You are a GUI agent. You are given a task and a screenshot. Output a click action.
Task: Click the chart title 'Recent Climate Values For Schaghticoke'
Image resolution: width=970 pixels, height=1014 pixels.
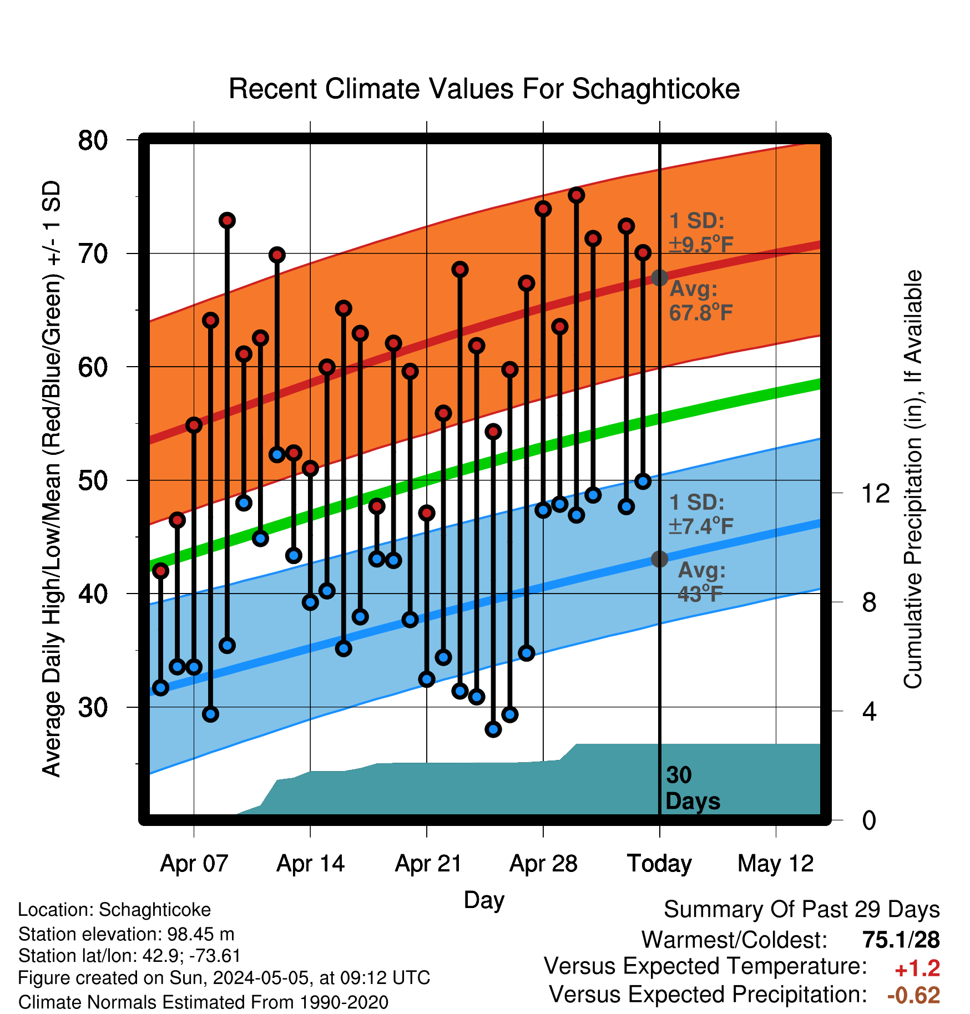point(484,89)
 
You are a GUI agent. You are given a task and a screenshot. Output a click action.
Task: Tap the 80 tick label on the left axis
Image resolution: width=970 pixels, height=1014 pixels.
point(93,140)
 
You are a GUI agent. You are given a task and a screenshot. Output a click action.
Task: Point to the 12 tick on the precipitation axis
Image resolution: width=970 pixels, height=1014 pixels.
point(876,493)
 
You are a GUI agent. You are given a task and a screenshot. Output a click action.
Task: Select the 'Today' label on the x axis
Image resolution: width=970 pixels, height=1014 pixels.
point(659,864)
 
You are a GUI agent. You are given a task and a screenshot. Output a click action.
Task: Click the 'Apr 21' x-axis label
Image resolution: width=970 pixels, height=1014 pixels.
point(428,864)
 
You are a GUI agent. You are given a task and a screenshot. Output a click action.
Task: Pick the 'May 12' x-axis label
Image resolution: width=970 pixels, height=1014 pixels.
point(776,864)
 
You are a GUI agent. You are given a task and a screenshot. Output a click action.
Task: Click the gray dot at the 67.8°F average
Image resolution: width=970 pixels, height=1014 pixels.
point(659,277)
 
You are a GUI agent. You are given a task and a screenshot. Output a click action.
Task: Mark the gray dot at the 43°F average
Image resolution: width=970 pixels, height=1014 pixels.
point(659,559)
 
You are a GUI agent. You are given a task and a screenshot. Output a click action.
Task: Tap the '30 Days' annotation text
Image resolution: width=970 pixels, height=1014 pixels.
point(693,788)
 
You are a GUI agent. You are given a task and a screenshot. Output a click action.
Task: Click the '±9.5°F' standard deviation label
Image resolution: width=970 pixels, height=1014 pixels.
point(701,244)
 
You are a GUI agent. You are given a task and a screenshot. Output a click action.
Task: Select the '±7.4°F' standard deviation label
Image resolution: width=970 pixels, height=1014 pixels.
point(701,525)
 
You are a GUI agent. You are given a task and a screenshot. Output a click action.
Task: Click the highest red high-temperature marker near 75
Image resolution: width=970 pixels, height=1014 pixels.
point(576,195)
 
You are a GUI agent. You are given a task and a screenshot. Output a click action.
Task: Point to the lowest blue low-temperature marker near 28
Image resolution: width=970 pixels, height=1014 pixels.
point(493,729)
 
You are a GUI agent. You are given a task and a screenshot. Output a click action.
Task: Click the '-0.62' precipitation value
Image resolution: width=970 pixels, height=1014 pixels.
point(913,996)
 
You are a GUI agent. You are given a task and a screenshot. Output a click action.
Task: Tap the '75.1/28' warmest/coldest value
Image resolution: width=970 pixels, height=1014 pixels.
point(901,940)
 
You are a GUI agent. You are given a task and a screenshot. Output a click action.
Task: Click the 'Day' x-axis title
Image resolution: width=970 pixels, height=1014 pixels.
point(484,900)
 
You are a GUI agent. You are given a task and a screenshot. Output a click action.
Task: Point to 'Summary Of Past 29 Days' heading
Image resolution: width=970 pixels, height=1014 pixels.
point(802,910)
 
